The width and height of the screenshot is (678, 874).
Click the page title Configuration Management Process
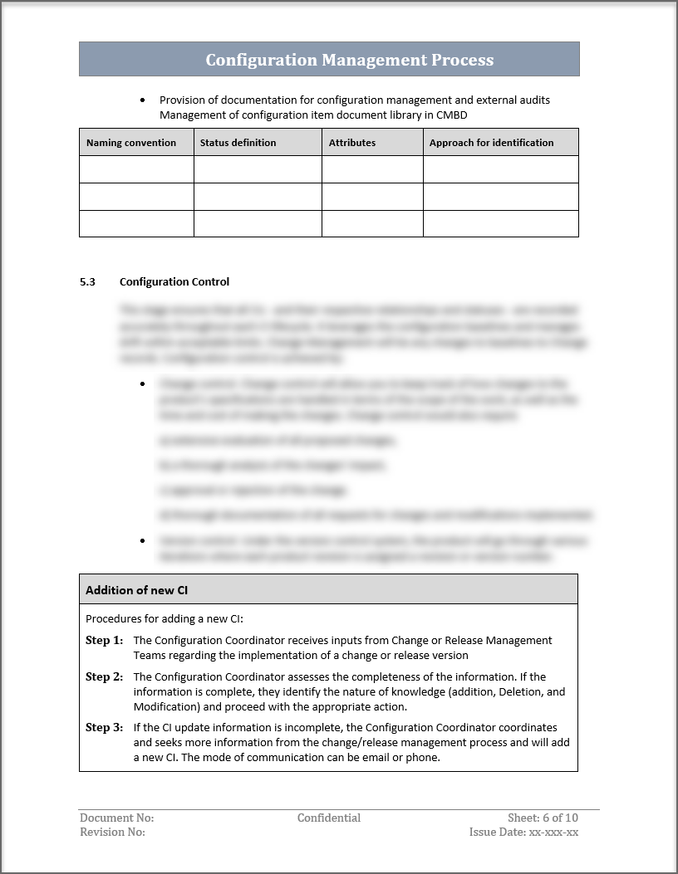[x=349, y=60]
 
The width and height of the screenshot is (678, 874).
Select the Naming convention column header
[x=131, y=143]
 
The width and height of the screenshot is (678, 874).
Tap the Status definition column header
[x=238, y=143]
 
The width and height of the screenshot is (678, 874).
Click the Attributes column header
[x=352, y=143]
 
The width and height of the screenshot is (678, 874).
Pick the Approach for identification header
[x=491, y=143]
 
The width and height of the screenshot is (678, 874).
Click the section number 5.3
[x=87, y=282]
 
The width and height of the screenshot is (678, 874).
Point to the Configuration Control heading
[x=174, y=282]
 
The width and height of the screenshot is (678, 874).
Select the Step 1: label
[x=104, y=640]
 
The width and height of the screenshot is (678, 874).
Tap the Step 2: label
[x=104, y=676]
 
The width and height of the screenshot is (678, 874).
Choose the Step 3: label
[x=104, y=727]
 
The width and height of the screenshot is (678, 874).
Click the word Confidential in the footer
[x=329, y=818]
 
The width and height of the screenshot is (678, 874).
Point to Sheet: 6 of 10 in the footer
[x=543, y=818]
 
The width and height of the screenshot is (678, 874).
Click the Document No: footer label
[x=116, y=818]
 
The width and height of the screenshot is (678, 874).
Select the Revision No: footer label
[x=112, y=832]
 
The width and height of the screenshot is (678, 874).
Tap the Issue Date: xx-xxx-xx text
[x=523, y=832]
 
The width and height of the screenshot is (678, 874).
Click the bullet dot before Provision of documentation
[x=143, y=100]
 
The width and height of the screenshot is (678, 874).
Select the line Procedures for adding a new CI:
[x=165, y=618]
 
